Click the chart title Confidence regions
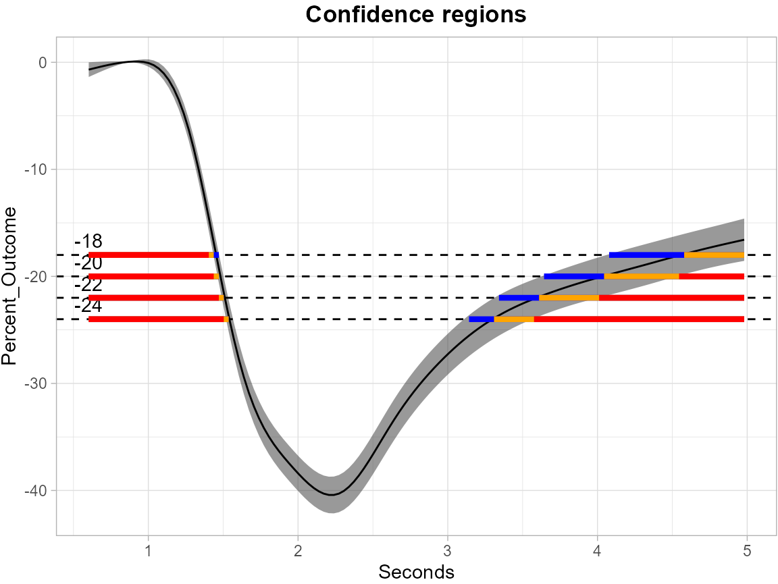coord(415,14)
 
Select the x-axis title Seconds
coord(416,572)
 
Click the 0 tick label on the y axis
coord(43,62)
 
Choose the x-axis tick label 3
coord(447,550)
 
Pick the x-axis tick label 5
coord(747,550)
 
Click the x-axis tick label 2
coord(298,550)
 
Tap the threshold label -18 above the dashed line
coord(88,242)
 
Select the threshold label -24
coord(88,307)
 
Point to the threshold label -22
coord(88,285)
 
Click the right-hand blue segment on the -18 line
coord(646,255)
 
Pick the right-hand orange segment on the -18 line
coord(714,255)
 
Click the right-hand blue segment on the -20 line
coord(574,276)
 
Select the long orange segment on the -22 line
coord(569,298)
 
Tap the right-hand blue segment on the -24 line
coord(482,319)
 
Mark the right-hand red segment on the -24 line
coord(639,319)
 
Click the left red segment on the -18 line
coord(149,255)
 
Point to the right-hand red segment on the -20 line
coord(711,276)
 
